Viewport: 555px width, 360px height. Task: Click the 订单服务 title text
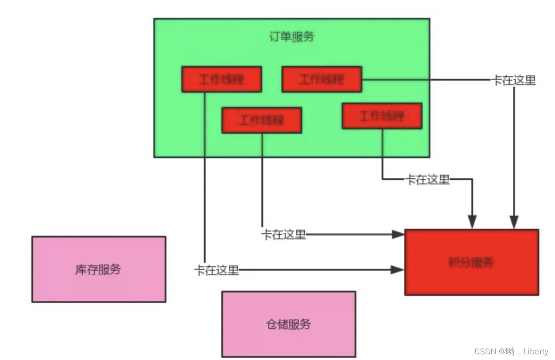291,37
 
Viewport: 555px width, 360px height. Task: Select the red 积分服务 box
471,262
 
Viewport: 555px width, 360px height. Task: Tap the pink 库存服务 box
98,269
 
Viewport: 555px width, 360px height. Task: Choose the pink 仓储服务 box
288,324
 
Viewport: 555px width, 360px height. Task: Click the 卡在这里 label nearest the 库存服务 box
217,270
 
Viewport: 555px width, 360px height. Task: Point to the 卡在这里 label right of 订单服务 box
514,80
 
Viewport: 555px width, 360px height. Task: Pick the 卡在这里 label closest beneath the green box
427,180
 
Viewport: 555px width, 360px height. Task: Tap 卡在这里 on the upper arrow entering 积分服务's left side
284,234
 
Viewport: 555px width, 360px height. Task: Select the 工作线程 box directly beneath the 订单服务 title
321,79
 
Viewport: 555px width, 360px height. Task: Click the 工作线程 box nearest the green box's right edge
382,116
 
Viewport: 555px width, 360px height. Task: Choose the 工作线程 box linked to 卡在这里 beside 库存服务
221,79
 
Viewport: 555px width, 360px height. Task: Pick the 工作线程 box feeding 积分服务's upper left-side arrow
261,120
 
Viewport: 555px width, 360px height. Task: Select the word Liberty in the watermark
535,351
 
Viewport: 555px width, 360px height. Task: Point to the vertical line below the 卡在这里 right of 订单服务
514,153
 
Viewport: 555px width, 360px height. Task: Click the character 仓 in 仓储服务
271,324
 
